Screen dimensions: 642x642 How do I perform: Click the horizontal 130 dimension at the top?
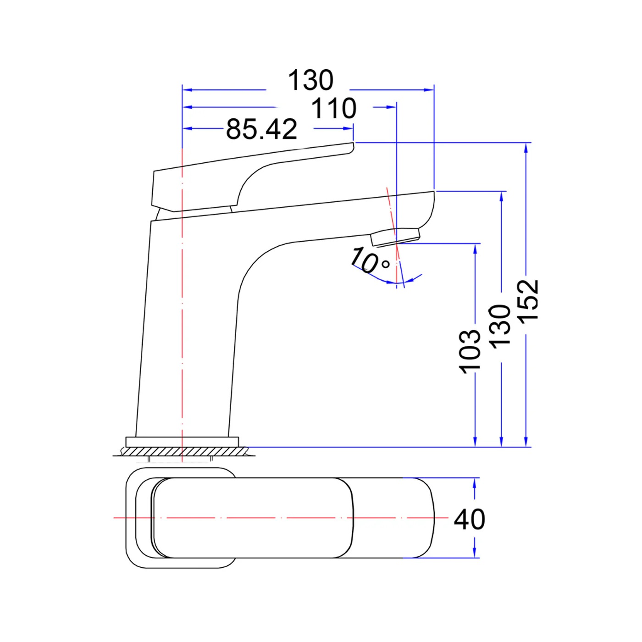[x=310, y=80]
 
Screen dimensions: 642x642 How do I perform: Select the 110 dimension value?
[x=333, y=109]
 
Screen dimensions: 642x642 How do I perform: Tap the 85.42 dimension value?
[x=261, y=129]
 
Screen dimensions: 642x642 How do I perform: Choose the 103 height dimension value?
[x=470, y=351]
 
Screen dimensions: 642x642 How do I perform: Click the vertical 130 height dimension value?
[x=499, y=326]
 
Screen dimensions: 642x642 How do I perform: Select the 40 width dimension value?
[x=469, y=520]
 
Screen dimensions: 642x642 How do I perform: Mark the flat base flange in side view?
[x=182, y=442]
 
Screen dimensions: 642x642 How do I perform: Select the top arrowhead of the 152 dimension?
[x=526, y=146]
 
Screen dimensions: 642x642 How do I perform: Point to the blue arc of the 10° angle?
[x=376, y=277]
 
